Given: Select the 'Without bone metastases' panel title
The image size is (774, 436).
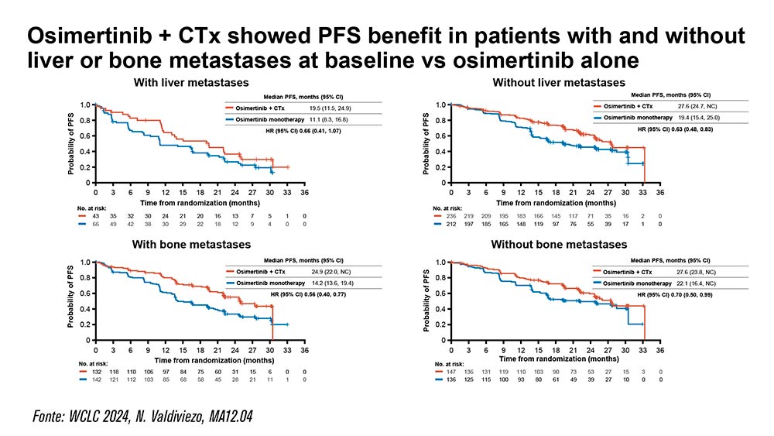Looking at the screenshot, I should tap(559, 245).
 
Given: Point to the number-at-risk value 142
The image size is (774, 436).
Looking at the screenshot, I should tap(97, 381).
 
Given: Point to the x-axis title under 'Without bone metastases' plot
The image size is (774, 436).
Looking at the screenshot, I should tap(554, 359).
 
